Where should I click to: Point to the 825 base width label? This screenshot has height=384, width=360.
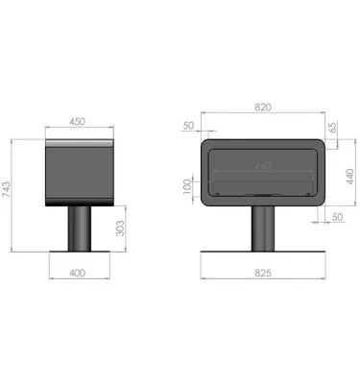[x=263, y=274]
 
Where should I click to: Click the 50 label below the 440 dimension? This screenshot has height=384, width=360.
[x=337, y=217]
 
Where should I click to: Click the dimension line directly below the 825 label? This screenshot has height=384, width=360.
[x=262, y=281]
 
